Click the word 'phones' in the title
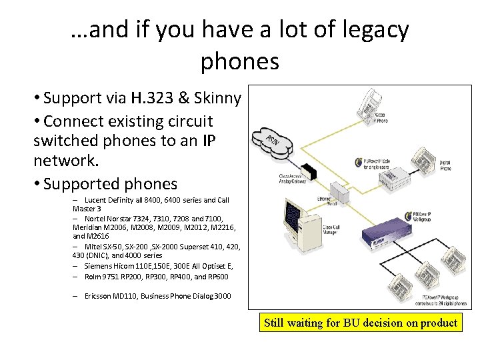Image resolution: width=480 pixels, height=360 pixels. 239,61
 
